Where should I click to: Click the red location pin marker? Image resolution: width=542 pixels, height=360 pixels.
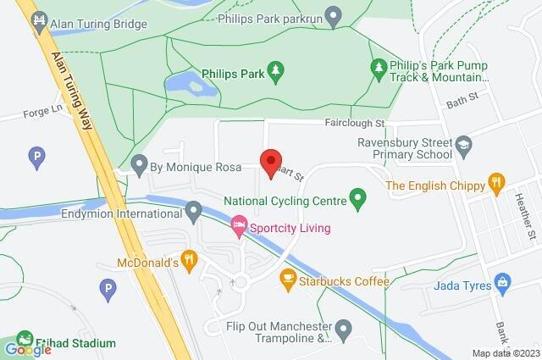[270, 162]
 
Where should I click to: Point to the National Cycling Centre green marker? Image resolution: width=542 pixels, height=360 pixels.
[357, 201]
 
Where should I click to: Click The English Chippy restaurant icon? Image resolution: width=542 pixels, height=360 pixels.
[495, 182]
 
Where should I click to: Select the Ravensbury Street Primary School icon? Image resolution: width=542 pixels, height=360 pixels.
[463, 146]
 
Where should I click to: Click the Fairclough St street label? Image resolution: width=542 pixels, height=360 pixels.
[355, 123]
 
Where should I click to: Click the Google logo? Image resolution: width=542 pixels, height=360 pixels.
[28, 349]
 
